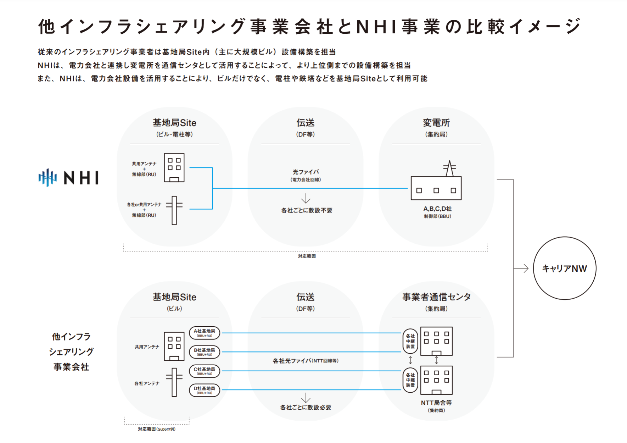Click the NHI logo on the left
point(68,177)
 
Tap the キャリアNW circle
point(564,268)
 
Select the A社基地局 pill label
point(205,333)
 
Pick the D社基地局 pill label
point(205,390)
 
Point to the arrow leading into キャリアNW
point(521,268)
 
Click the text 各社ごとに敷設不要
point(307,210)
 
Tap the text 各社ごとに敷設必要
point(306,407)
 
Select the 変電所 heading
point(436,123)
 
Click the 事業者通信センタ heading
point(436,297)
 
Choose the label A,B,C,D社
point(437,209)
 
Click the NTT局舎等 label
point(436,403)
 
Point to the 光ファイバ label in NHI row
point(306,172)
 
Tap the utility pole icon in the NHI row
point(174,210)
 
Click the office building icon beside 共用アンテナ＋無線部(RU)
point(174,167)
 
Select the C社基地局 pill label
point(205,371)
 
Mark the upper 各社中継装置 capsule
point(410,341)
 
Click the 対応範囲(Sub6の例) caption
point(157,429)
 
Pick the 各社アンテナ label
point(147,383)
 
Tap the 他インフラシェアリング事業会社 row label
point(71,351)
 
